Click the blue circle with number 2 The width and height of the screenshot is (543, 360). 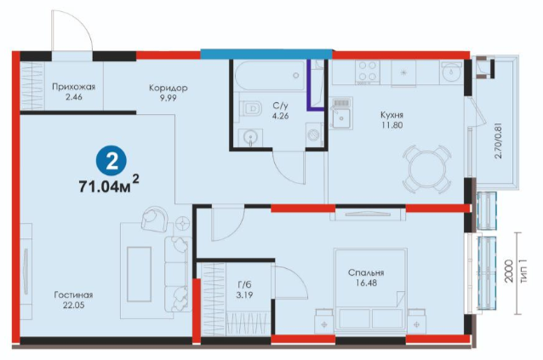111,161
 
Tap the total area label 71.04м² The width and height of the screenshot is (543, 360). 109,185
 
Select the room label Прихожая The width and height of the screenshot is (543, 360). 73,87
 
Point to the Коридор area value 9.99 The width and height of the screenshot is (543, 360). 168,98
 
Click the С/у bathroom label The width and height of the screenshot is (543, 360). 280,106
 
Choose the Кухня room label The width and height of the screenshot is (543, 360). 392,115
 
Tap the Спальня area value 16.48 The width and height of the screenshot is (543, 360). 366,283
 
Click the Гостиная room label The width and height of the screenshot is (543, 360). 73,295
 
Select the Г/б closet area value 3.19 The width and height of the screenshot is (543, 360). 244,295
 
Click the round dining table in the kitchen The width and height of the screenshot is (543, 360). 427,169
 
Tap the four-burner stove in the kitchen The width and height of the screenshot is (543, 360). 368,71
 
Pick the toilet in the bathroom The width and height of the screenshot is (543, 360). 251,108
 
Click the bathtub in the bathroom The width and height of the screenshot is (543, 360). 270,75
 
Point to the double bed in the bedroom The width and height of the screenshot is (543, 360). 370,289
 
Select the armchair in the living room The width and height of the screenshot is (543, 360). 155,219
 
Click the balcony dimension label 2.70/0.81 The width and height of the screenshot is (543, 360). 498,140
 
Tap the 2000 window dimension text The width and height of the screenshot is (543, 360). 508,271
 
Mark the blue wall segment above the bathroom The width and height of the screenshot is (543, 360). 266,54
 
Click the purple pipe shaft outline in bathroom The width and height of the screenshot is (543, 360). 315,85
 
